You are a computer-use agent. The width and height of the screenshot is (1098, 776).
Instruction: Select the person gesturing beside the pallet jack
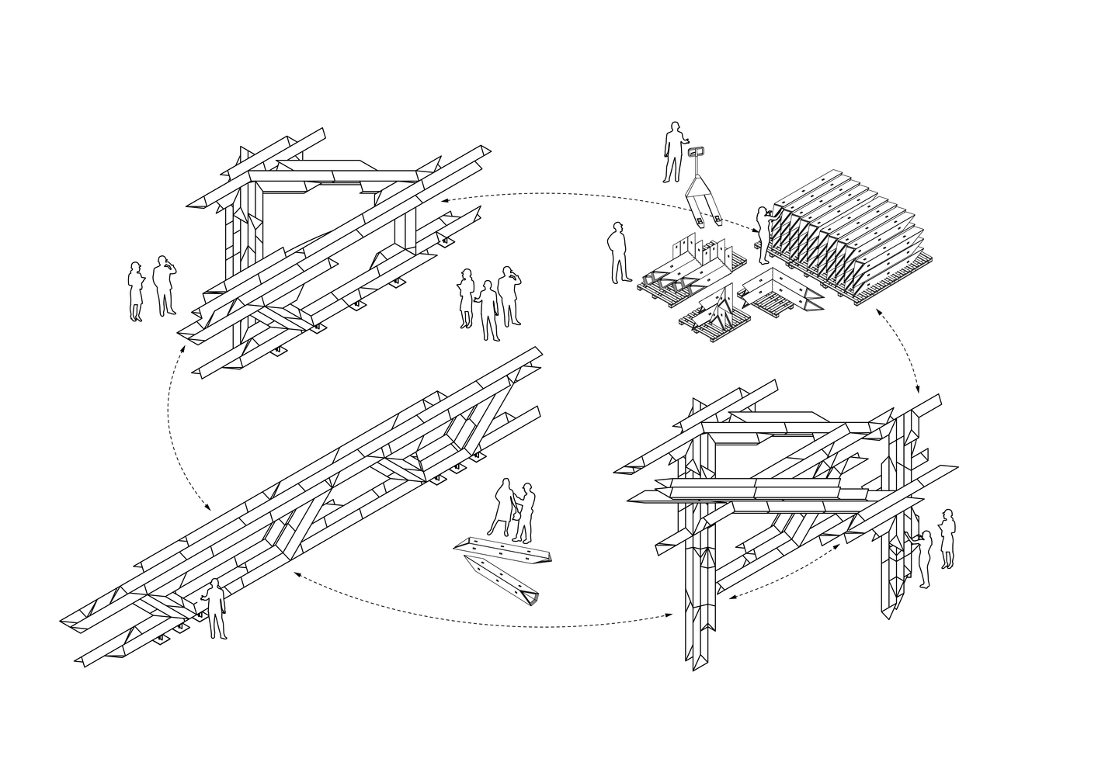673,152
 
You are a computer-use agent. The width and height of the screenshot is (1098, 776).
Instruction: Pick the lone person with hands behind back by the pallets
620,252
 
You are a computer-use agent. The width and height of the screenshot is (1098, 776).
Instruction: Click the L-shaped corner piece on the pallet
778,291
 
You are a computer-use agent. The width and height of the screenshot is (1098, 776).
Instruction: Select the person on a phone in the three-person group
509,296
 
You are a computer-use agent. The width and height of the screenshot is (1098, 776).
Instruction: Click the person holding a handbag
501,508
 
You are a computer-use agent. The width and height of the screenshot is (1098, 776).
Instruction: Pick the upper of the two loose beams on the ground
505,549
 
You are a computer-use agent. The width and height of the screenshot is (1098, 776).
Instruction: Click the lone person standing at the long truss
215,609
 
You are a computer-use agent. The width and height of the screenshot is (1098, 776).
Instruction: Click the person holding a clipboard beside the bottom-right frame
947,539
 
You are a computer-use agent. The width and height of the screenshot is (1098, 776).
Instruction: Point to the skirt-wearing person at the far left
136,292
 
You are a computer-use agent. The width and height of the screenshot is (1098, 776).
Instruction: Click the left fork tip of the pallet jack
700,221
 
